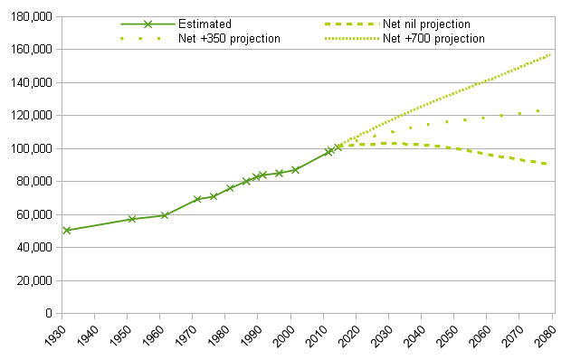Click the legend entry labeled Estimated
pos(205,24)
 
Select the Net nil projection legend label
pos(427,24)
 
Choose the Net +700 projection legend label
pos(433,39)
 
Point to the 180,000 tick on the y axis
pos(33,16)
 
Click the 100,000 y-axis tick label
pos(33,148)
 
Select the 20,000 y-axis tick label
pos(36,280)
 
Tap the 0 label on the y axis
pos(49,314)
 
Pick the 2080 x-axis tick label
pos(547,338)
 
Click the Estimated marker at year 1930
pos(67,231)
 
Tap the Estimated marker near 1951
pos(132,219)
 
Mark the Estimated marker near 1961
pos(165,215)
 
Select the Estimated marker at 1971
pos(197,199)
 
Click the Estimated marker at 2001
pos(295,169)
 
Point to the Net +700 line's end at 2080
pos(550,54)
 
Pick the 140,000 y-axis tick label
pos(33,82)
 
